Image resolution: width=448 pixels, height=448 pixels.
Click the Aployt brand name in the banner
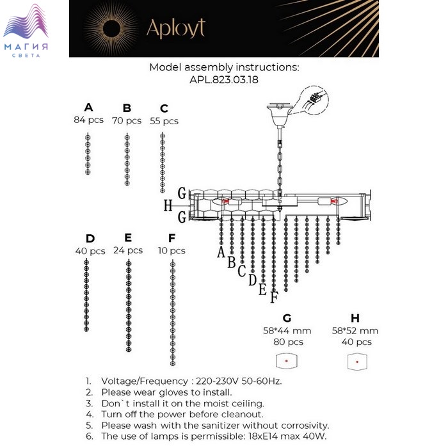[176, 29]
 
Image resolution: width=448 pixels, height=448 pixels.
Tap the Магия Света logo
[26, 30]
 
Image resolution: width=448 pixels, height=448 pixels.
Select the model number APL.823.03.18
[224, 79]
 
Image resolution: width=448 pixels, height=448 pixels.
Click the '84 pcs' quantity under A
[88, 120]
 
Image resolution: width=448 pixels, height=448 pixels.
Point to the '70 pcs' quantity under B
[127, 120]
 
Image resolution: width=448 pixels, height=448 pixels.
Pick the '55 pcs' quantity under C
[164, 121]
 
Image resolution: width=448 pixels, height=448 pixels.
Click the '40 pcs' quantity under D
[90, 251]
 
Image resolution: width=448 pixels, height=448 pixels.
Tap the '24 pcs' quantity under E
[128, 250]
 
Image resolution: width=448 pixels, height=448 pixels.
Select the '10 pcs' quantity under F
[172, 251]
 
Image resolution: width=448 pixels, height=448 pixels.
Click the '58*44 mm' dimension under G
[287, 331]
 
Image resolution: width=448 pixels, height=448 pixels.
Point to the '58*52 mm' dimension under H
[355, 331]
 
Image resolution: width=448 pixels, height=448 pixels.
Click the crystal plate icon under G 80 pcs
[287, 361]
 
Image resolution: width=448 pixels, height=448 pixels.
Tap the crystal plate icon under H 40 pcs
[357, 362]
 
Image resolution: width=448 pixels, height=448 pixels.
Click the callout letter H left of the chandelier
[168, 205]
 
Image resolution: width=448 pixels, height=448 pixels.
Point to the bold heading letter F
[172, 237]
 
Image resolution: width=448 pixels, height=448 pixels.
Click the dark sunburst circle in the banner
[111, 29]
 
